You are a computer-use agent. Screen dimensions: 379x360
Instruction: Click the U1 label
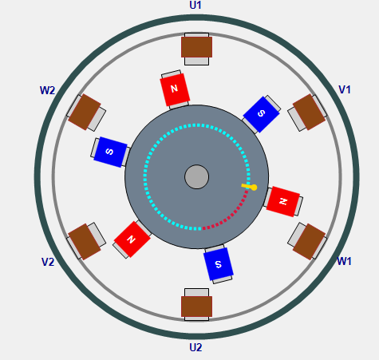(x=195, y=5)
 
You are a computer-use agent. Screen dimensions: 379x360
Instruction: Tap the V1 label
(x=345, y=89)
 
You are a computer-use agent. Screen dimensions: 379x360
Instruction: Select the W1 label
(x=344, y=261)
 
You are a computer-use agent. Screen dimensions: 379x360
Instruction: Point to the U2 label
(x=195, y=347)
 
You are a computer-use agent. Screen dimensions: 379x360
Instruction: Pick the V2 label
(x=48, y=262)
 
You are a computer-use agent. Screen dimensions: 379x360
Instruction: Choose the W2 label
(x=47, y=90)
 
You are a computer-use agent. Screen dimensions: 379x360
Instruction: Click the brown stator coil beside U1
(x=196, y=47)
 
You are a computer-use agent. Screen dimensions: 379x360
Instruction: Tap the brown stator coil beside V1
(x=309, y=112)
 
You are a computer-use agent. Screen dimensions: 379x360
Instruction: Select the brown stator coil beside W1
(x=309, y=242)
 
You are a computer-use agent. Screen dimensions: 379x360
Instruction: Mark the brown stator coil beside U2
(x=196, y=307)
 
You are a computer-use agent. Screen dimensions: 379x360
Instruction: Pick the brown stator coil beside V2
(x=85, y=242)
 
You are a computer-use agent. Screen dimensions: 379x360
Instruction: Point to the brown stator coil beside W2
(x=85, y=112)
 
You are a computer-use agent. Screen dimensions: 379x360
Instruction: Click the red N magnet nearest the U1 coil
(x=175, y=89)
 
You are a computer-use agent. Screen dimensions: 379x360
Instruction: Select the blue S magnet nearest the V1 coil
(x=261, y=114)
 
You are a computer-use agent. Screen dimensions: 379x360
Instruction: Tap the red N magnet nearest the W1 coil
(x=283, y=201)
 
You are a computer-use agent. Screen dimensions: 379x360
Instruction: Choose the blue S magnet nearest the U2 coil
(x=219, y=264)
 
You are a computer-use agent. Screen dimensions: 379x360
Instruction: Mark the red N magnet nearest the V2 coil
(x=132, y=239)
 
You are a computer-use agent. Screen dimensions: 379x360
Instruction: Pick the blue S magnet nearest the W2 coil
(x=110, y=152)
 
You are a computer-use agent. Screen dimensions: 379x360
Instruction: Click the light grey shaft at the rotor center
(x=196, y=177)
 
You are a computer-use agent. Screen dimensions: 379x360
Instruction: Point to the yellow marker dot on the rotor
(x=254, y=188)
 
